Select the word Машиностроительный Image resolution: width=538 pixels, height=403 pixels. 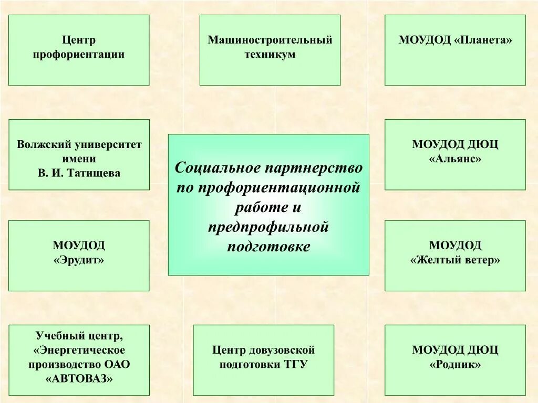click(x=270, y=40)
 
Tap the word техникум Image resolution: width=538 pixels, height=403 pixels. click(x=270, y=55)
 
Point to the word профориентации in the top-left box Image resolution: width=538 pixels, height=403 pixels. click(x=79, y=55)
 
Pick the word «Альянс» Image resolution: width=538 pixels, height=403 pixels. click(x=455, y=158)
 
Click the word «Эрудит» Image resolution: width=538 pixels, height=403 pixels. click(x=79, y=260)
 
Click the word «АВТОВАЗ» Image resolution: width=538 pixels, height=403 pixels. click(x=79, y=378)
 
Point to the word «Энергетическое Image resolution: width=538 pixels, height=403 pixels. click(x=79, y=350)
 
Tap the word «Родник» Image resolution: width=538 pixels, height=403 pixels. click(x=455, y=364)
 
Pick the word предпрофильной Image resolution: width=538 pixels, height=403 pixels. click(x=268, y=227)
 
